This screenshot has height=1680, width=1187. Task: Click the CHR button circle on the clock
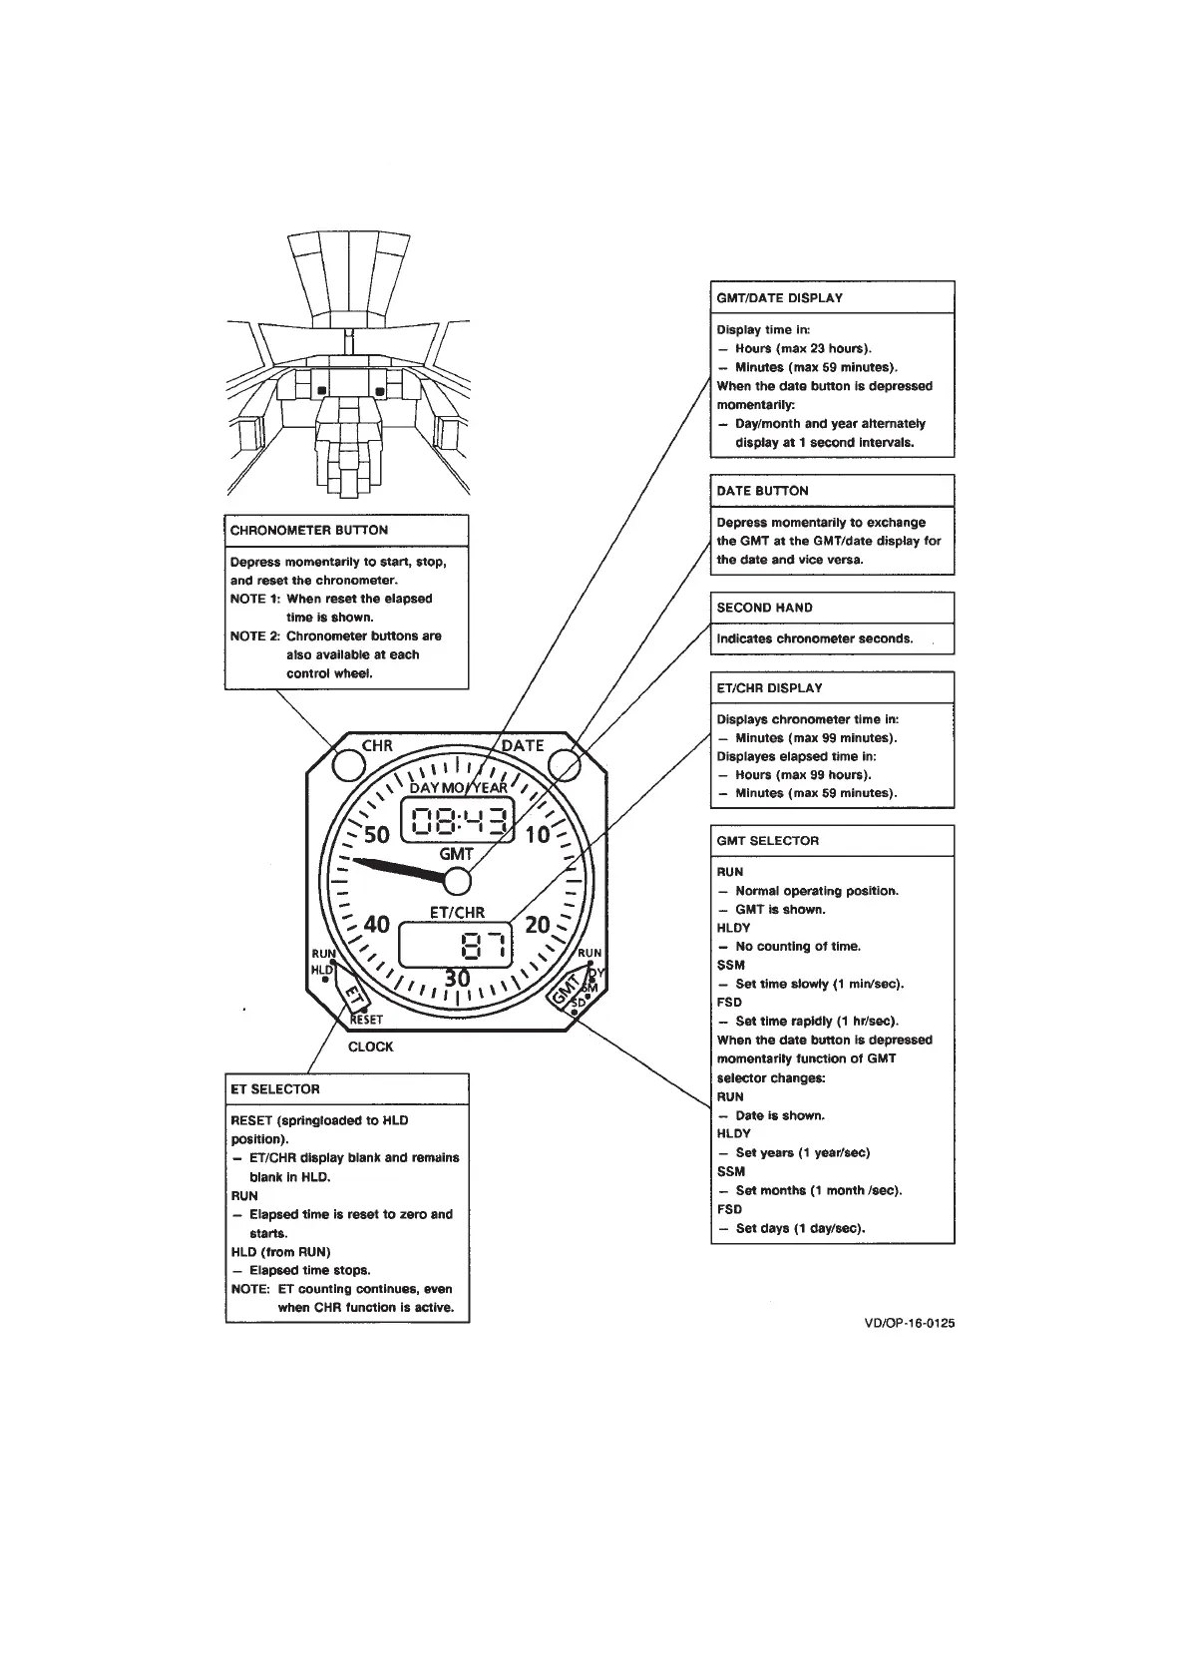pyautogui.click(x=349, y=764)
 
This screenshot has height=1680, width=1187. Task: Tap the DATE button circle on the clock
pyautogui.click(x=565, y=764)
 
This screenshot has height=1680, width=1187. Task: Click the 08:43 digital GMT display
pyautogui.click(x=457, y=822)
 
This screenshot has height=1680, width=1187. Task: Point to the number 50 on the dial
pyautogui.click(x=377, y=835)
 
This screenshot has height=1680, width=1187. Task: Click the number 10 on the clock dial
pyautogui.click(x=538, y=835)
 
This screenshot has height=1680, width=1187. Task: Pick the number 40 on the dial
pyautogui.click(x=377, y=925)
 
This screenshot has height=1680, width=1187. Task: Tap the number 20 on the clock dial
pyautogui.click(x=538, y=925)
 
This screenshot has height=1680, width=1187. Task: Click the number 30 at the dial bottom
pyautogui.click(x=457, y=979)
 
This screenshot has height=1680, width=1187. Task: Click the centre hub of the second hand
pyautogui.click(x=457, y=881)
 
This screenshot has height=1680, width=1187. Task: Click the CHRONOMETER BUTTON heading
pyautogui.click(x=309, y=530)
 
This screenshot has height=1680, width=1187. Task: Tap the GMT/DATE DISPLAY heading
pyautogui.click(x=780, y=297)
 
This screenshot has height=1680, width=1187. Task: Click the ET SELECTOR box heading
pyautogui.click(x=275, y=1089)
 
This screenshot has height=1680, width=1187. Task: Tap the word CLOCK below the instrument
pyautogui.click(x=371, y=1047)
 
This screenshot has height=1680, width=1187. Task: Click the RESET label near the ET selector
pyautogui.click(x=366, y=1020)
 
